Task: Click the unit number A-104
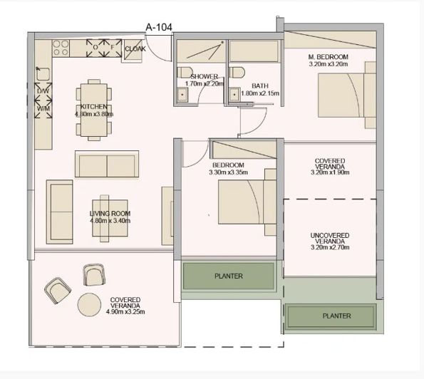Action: point(158,28)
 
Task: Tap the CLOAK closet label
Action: point(135,49)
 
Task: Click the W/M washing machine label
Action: point(42,108)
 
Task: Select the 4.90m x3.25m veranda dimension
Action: point(125,311)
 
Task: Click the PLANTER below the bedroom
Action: point(229,276)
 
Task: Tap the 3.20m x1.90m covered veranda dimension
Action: point(329,172)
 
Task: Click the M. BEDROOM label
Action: point(328,57)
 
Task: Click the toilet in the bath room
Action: point(237,71)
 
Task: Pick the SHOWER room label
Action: point(204,76)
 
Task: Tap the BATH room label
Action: point(259,85)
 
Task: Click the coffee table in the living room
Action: point(114,214)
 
